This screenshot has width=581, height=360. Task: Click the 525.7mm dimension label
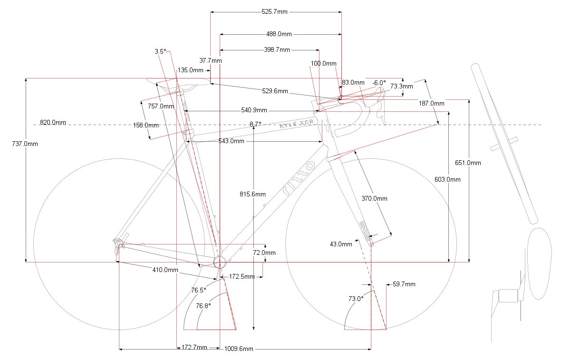pyautogui.click(x=274, y=12)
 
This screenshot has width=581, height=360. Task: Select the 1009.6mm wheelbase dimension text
pyautogui.click(x=239, y=349)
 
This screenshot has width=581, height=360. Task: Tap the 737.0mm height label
pyautogui.click(x=25, y=144)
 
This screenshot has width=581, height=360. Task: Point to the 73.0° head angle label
pyautogui.click(x=356, y=299)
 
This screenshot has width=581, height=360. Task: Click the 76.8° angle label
pyautogui.click(x=203, y=306)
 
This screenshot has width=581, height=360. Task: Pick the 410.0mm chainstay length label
pyautogui.click(x=165, y=270)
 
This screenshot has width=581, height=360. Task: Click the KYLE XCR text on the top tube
pyautogui.click(x=297, y=124)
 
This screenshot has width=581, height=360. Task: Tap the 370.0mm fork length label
pyautogui.click(x=374, y=199)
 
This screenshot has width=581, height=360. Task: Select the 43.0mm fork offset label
pyautogui.click(x=341, y=244)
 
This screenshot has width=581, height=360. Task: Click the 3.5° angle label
pyautogui.click(x=160, y=52)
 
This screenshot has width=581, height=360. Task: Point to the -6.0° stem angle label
pyautogui.click(x=379, y=83)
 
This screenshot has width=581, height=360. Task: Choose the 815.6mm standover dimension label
pyautogui.click(x=252, y=194)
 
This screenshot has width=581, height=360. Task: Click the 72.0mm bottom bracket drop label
pyautogui.click(x=264, y=253)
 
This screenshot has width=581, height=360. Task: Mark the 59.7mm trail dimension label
pyautogui.click(x=404, y=284)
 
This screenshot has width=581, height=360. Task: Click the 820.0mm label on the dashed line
pyautogui.click(x=53, y=122)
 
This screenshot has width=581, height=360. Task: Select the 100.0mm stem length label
pyautogui.click(x=323, y=64)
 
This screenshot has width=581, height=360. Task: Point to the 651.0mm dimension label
pyautogui.click(x=468, y=163)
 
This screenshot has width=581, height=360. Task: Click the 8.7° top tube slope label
pyautogui.click(x=255, y=124)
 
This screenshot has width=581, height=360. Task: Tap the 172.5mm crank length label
pyautogui.click(x=242, y=277)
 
